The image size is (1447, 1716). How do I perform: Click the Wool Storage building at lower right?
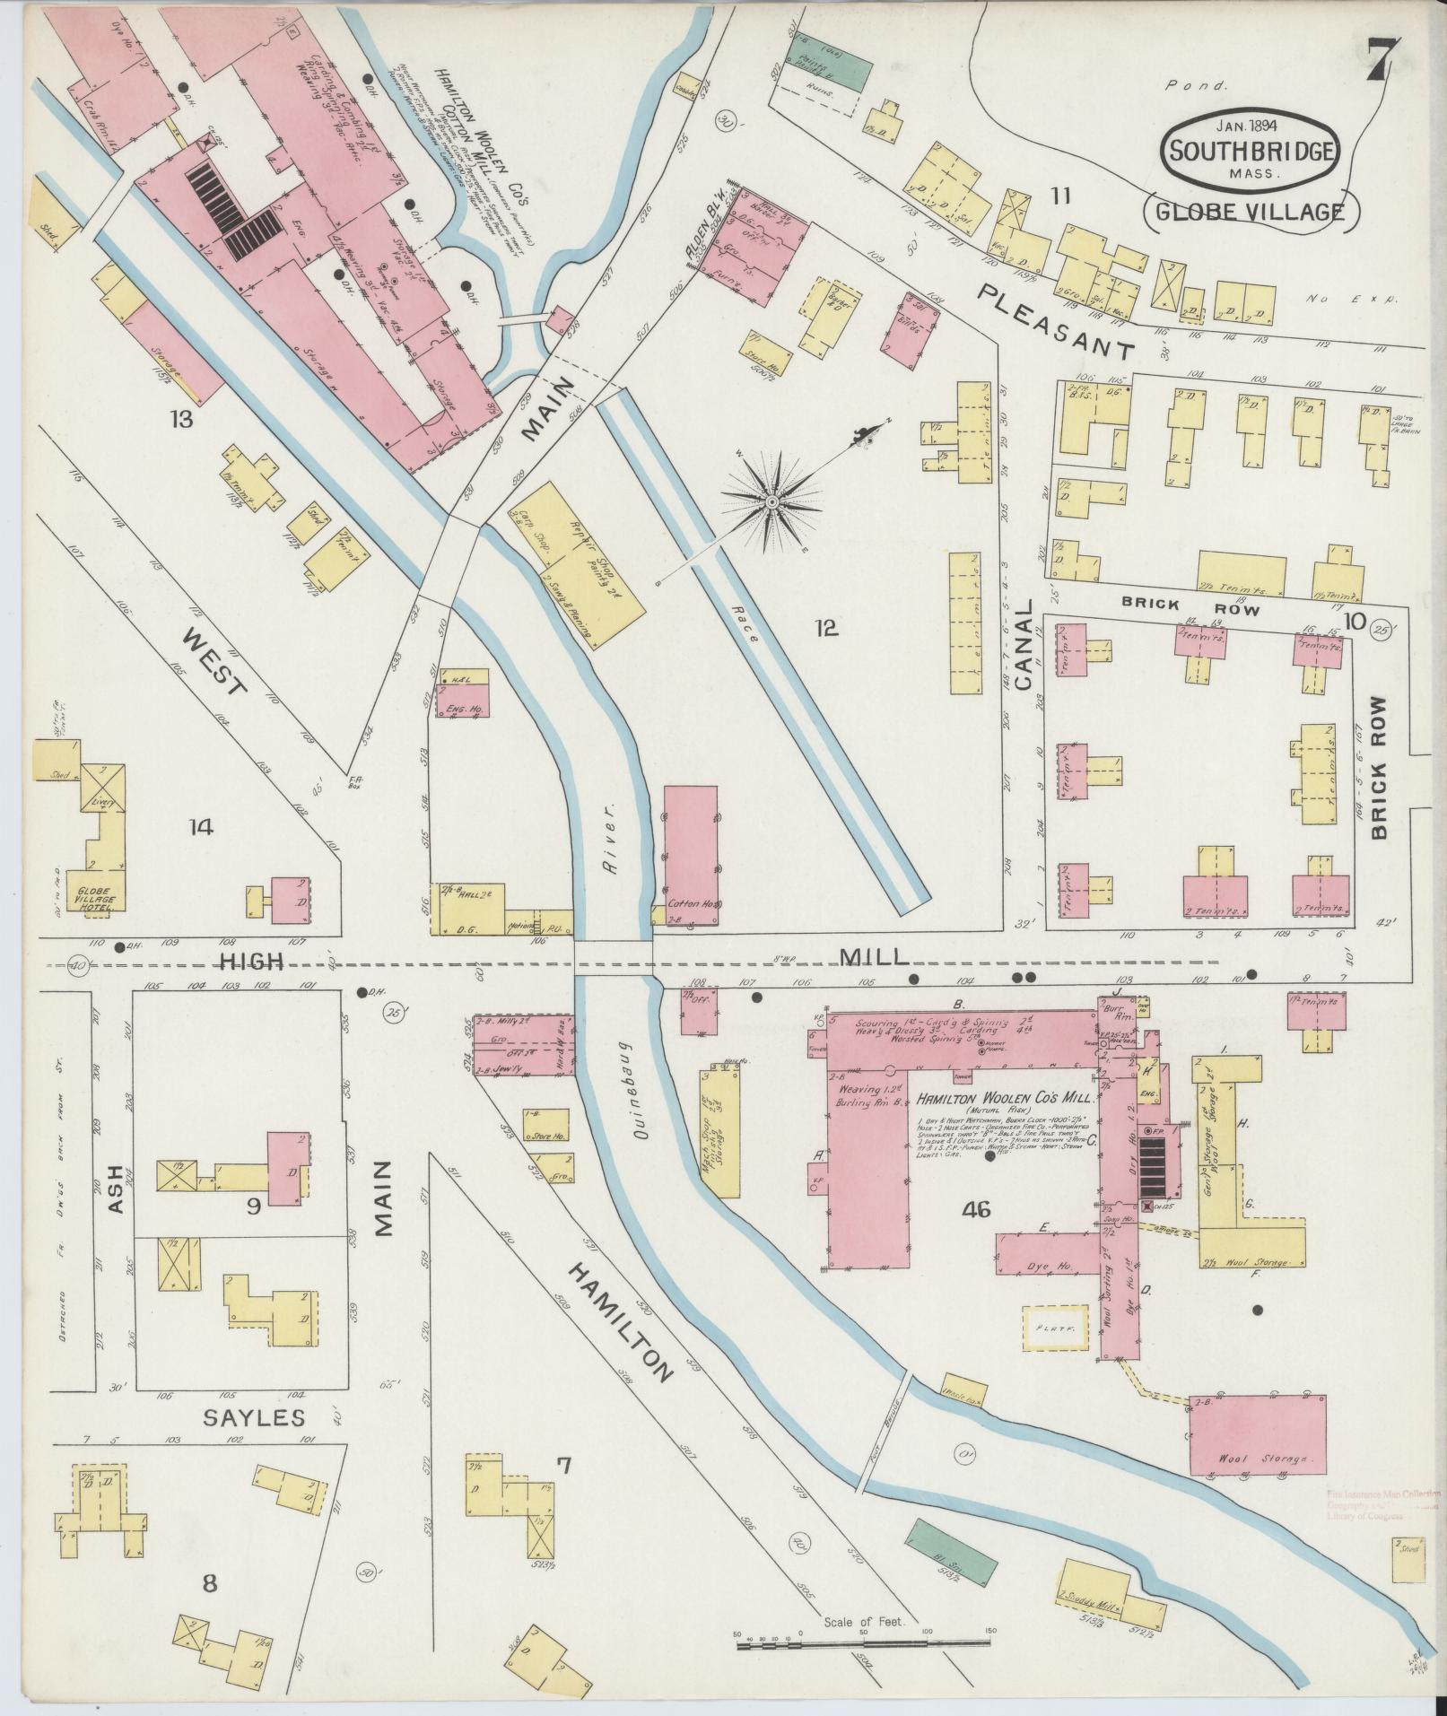(1257, 1447)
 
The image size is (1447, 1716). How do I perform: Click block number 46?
(975, 1210)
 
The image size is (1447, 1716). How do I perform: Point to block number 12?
(826, 627)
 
